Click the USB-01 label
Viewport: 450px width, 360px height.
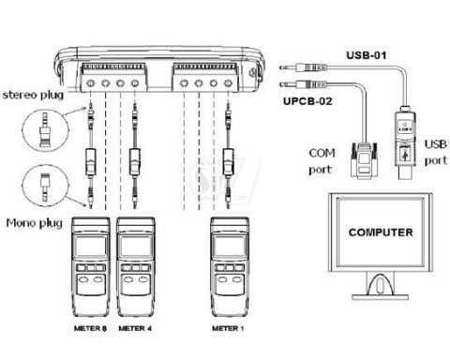coord(367,55)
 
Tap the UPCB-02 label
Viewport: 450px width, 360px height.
coord(307,101)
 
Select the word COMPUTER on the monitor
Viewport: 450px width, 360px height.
coord(381,232)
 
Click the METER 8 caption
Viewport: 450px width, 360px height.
coord(90,328)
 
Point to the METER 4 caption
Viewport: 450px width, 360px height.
coord(135,328)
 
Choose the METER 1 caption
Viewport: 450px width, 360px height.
coord(228,328)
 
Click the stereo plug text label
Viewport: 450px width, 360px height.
coord(33,95)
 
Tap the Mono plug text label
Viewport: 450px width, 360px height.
coord(35,223)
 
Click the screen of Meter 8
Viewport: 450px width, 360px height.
coord(91,246)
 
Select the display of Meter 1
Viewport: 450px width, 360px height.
coord(230,246)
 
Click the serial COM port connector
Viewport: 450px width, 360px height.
coord(364,160)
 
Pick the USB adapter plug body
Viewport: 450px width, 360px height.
coord(405,142)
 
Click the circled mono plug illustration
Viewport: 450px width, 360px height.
coord(46,186)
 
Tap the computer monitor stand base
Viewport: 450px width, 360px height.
coord(381,296)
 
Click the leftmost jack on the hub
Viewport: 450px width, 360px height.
coord(91,83)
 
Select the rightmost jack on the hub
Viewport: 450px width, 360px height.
coord(228,83)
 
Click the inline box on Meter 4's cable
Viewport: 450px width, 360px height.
coord(135,162)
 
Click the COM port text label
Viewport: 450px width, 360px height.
coord(322,161)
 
